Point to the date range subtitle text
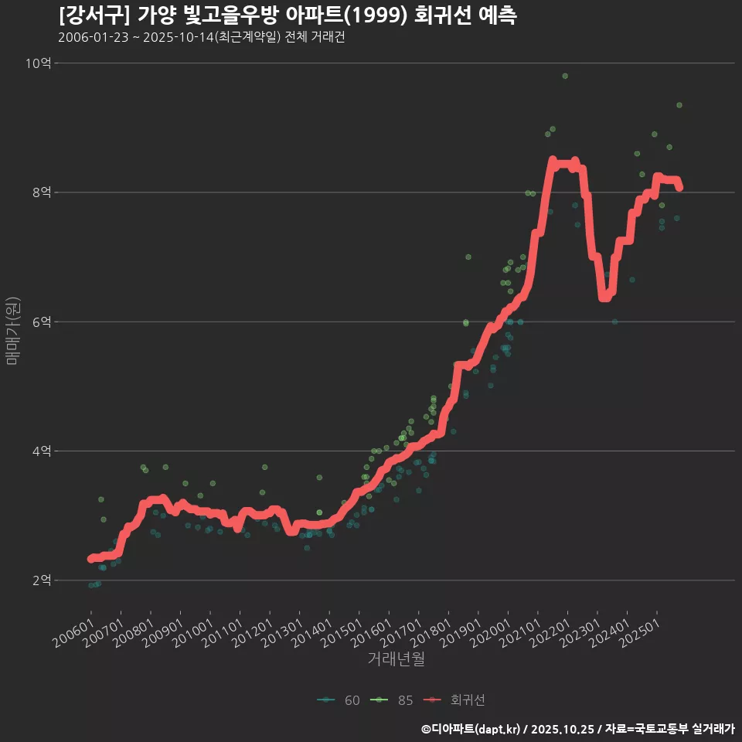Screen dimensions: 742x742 coord(201,38)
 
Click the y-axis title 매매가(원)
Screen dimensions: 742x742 coord(12,330)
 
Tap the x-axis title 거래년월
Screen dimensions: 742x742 coord(396,659)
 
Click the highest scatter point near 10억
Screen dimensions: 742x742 coord(565,76)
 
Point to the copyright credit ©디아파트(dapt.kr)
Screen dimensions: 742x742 coord(472,728)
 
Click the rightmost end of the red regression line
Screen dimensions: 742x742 coord(679,187)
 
